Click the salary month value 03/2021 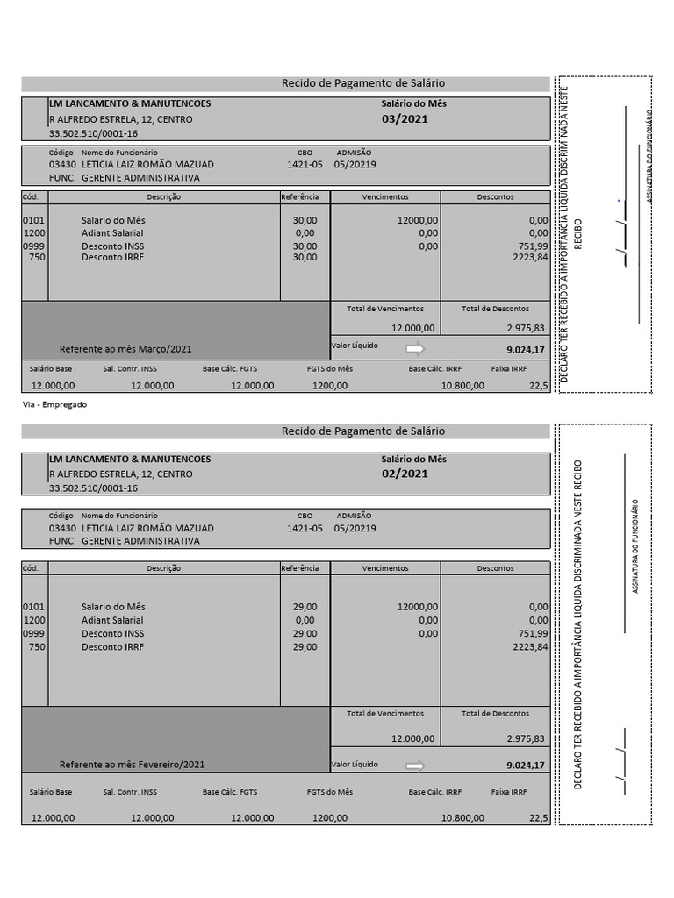(x=405, y=119)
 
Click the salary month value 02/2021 (x=405, y=474)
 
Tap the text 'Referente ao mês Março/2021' (x=125, y=348)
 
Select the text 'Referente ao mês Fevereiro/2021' (x=133, y=765)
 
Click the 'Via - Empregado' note (x=54, y=404)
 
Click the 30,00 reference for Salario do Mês (x=305, y=220)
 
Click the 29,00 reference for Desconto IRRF (x=305, y=647)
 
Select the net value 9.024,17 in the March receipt (x=526, y=349)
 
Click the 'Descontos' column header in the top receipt (x=496, y=197)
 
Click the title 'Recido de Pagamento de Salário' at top (x=362, y=83)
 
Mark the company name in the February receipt (x=130, y=459)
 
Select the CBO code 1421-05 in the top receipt (x=305, y=164)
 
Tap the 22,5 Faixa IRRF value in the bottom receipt (x=538, y=817)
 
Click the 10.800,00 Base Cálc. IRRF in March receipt (x=462, y=385)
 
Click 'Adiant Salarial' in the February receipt (x=112, y=620)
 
